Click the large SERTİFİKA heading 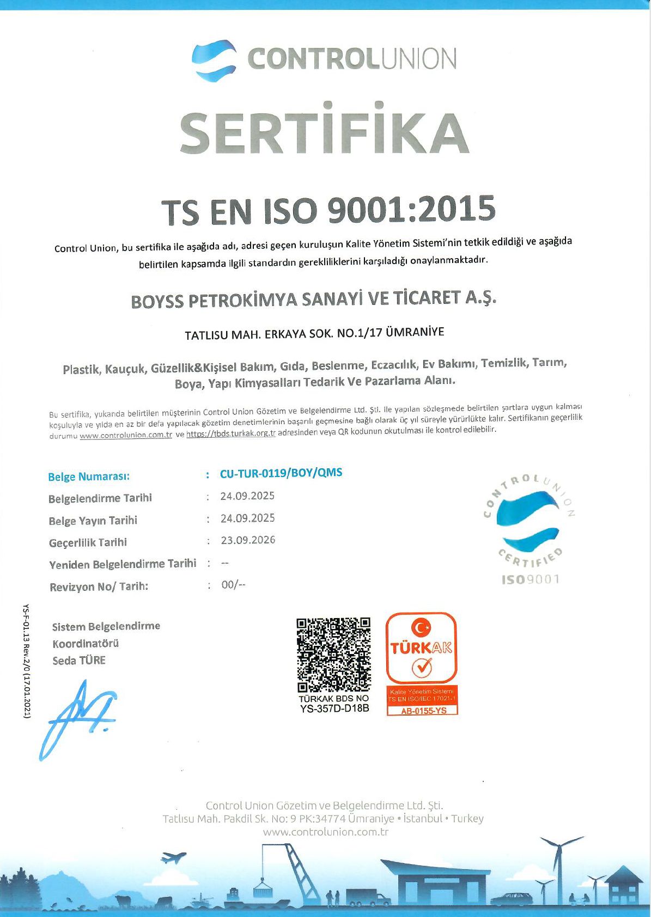[325, 133]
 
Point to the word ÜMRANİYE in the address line [415, 332]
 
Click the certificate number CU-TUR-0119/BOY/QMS [281, 473]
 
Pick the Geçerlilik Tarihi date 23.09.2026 [248, 540]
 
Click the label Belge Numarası [89, 477]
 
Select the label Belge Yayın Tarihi [93, 521]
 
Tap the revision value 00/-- [233, 585]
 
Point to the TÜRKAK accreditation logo [421, 648]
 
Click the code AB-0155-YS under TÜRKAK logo [423, 711]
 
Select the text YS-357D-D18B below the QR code [334, 708]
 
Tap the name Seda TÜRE [79, 661]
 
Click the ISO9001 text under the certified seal [530, 579]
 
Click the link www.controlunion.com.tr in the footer [325, 832]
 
